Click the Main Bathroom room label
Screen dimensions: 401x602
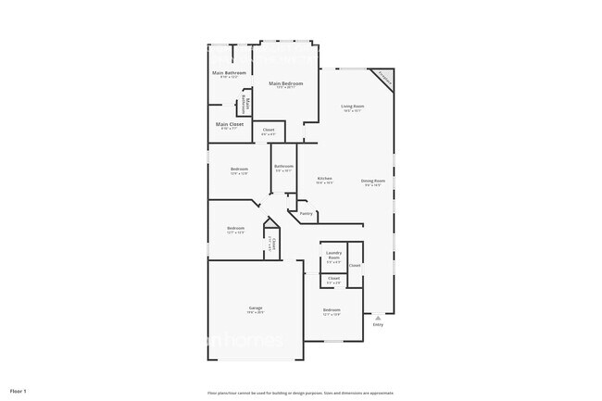pyautogui.click(x=229, y=72)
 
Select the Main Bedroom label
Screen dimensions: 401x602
pyautogui.click(x=288, y=83)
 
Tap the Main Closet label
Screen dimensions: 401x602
pyautogui.click(x=230, y=124)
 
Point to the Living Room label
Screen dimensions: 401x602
pyautogui.click(x=353, y=107)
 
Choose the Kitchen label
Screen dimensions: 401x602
pyautogui.click(x=325, y=178)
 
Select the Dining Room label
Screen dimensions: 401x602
pyautogui.click(x=373, y=181)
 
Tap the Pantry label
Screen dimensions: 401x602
pyautogui.click(x=306, y=213)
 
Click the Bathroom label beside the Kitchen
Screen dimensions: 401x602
pyautogui.click(x=283, y=166)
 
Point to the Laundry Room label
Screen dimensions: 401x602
pyautogui.click(x=333, y=254)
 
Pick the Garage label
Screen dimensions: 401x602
pyautogui.click(x=255, y=307)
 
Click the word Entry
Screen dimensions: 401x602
pyautogui.click(x=377, y=325)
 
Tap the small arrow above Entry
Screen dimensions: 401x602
pyautogui.click(x=377, y=318)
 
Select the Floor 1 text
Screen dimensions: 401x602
pyautogui.click(x=19, y=391)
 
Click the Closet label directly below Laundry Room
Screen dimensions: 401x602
pyautogui.click(x=333, y=278)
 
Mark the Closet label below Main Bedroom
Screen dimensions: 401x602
pyautogui.click(x=269, y=130)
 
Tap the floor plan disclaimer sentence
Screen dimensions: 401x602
pyautogui.click(x=301, y=392)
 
